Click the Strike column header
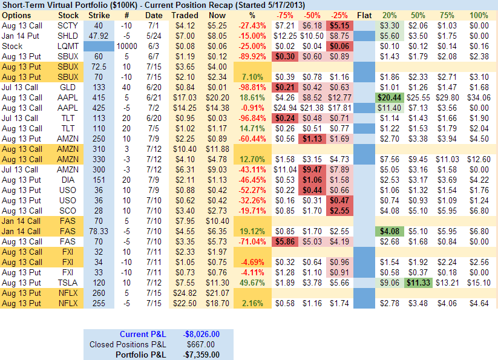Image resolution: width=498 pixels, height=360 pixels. click(99, 15)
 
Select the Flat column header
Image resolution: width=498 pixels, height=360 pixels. click(364, 15)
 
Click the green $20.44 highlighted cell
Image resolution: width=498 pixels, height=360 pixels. click(388, 97)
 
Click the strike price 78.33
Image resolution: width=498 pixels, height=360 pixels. click(99, 231)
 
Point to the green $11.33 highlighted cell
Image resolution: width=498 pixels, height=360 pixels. click(418, 283)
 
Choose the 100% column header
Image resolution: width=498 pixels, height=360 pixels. click(479, 15)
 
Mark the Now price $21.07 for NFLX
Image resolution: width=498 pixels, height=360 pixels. click(217, 293)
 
